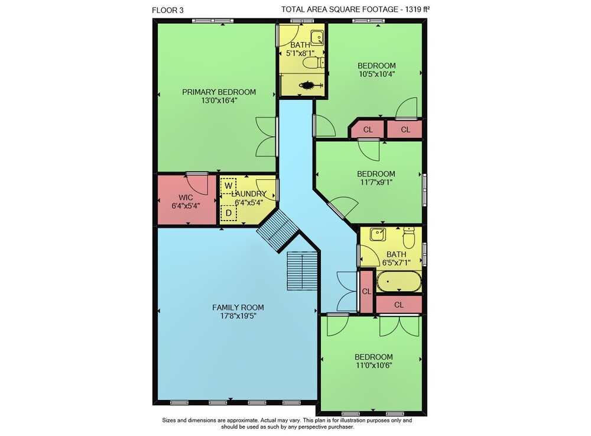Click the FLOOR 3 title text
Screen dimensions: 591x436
coord(168,10)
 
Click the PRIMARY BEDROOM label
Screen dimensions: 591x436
coord(219,92)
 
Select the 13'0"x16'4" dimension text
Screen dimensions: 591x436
coord(219,101)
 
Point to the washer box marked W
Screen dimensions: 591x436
coord(228,186)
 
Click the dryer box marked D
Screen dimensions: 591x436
coord(228,213)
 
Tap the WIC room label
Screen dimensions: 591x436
coord(186,197)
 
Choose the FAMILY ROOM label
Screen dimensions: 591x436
coord(238,308)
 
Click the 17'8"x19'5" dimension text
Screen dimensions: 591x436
coord(238,316)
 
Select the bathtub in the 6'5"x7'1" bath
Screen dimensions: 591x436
coord(399,282)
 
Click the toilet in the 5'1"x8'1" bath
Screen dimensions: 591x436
coord(313,63)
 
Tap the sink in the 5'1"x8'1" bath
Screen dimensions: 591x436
coord(317,38)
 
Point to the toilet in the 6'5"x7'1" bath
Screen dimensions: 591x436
coord(408,237)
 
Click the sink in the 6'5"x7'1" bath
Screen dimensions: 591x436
coord(377,235)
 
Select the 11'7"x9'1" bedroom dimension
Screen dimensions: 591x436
coord(376,183)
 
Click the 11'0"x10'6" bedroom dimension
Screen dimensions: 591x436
coord(374,366)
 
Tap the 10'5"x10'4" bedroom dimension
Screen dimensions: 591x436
coord(376,75)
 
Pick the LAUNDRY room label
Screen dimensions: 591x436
coord(249,194)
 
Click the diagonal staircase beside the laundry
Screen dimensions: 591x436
coord(278,230)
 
